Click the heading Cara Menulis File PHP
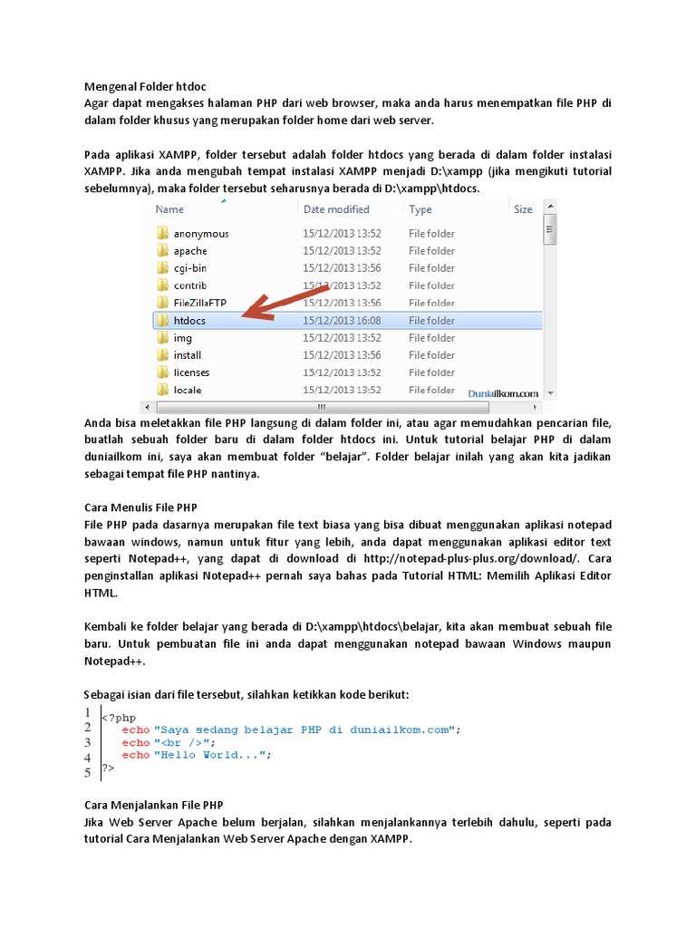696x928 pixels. [x=140, y=507]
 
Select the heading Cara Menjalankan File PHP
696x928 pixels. [x=154, y=805]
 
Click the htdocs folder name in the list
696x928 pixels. [x=189, y=321]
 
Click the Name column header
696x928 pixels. [x=169, y=209]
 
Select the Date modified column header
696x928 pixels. [x=336, y=209]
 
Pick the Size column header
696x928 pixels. [x=523, y=209]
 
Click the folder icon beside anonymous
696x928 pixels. [x=162, y=234]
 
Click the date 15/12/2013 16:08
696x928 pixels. [x=343, y=321]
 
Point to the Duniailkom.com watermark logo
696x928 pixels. [x=503, y=393]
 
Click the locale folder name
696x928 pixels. [x=188, y=390]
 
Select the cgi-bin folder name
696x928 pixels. [x=190, y=268]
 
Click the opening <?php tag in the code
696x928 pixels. [x=119, y=718]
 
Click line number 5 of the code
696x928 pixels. [x=87, y=773]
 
